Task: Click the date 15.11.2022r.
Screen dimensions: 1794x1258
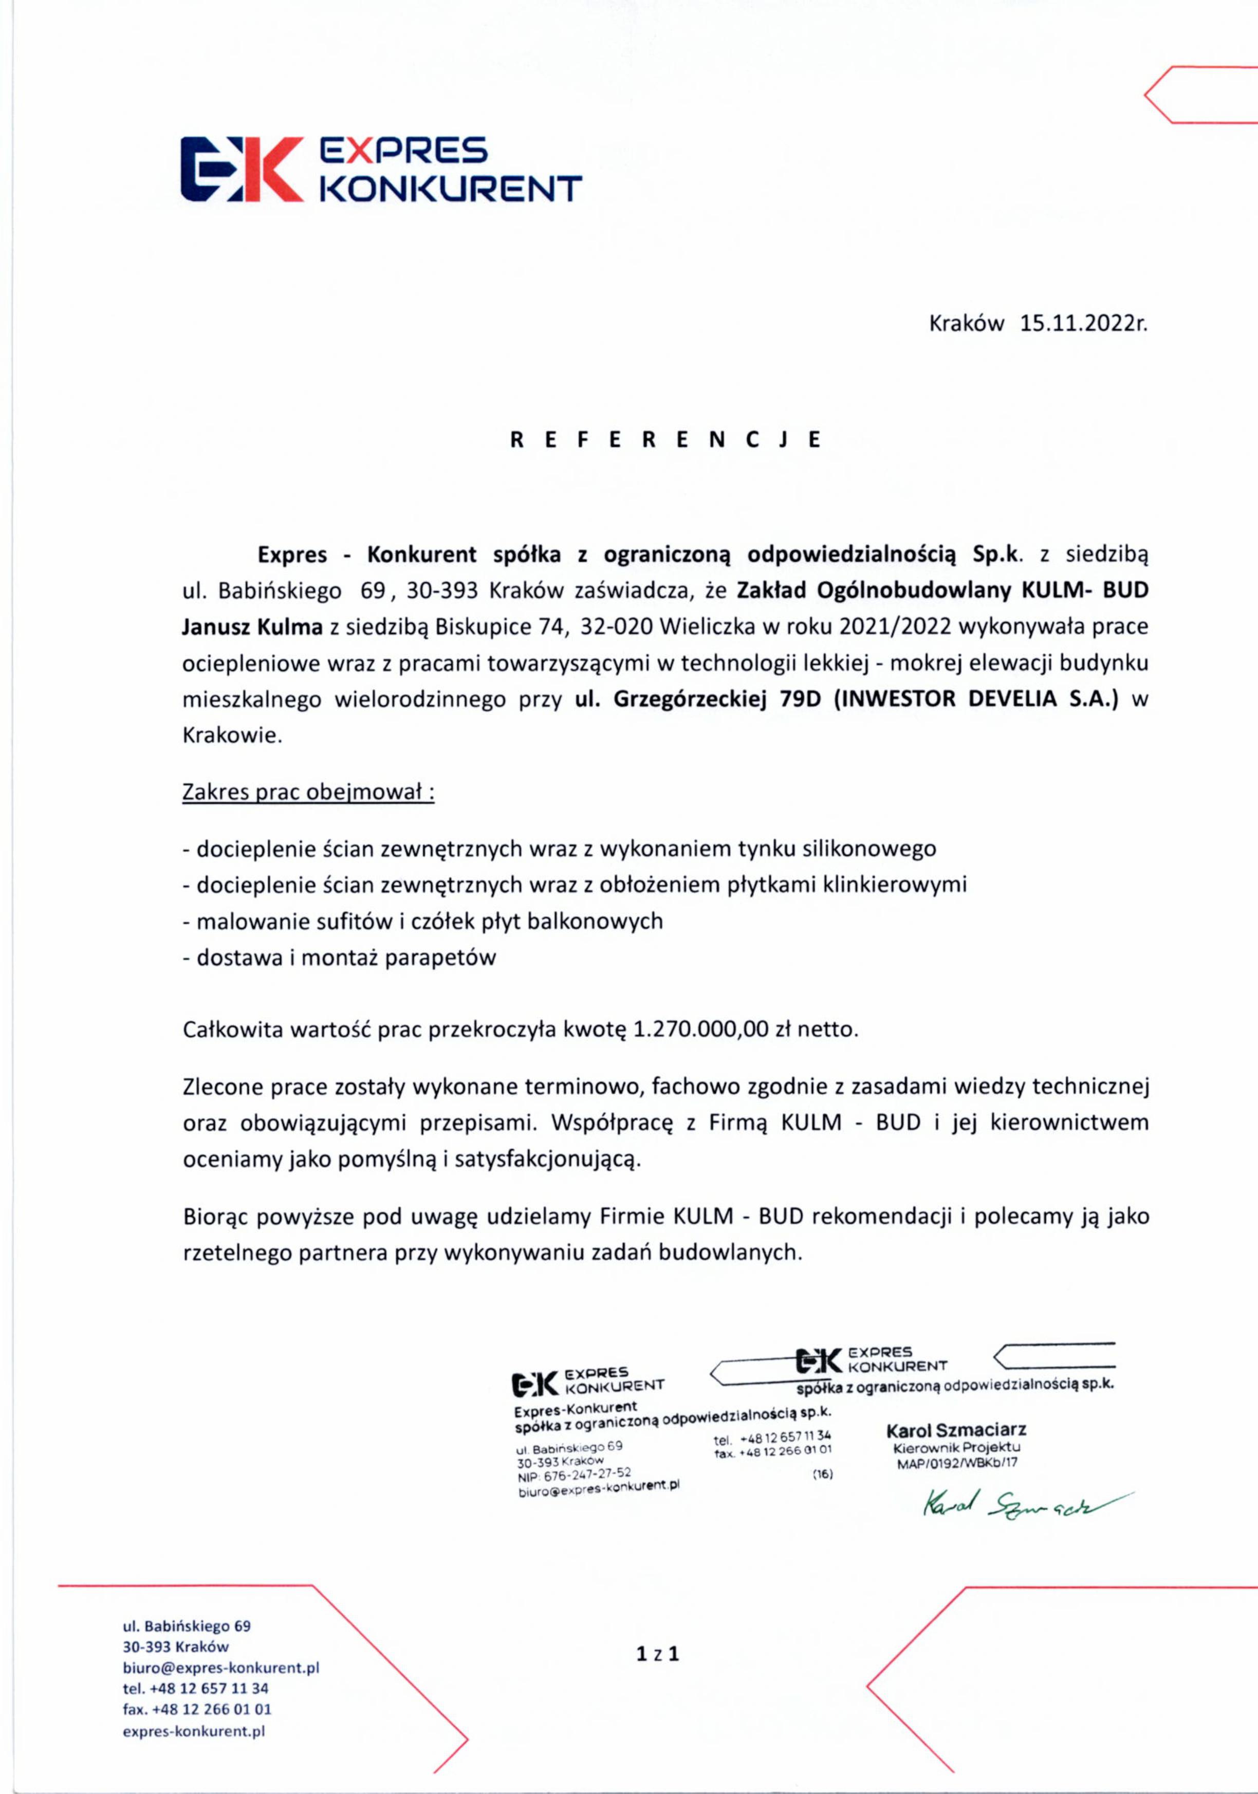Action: [x=1083, y=323]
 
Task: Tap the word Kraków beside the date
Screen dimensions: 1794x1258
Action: [x=966, y=323]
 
